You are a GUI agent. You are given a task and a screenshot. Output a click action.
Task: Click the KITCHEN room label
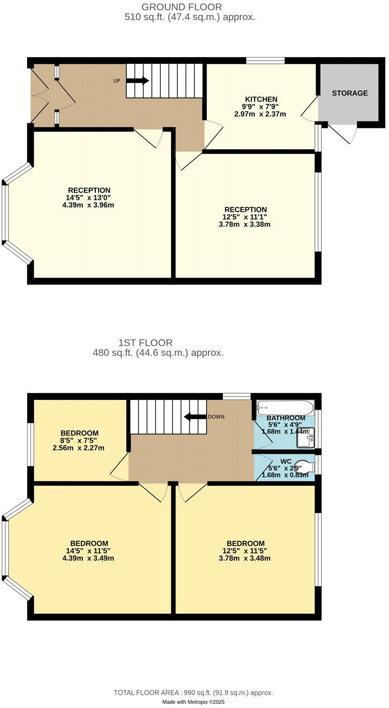(261, 99)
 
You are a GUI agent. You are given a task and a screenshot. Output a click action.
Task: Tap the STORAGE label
(350, 93)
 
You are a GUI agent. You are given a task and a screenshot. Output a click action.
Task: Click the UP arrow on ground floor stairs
(137, 81)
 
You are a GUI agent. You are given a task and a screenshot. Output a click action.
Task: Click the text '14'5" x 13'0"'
(89, 198)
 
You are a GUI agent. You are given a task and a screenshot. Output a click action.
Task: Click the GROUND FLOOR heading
(181, 7)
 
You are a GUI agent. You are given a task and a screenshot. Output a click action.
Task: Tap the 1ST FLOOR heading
(145, 343)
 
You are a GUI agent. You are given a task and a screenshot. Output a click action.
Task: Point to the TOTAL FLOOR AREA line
(194, 693)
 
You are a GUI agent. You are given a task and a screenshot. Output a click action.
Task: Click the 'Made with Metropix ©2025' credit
(194, 702)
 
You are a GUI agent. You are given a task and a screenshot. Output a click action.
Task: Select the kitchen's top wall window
(266, 60)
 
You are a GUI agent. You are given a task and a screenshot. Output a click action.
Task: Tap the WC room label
(286, 461)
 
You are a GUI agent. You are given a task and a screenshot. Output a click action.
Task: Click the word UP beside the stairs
(117, 81)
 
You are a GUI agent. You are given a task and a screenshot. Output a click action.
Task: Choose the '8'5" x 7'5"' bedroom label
(79, 441)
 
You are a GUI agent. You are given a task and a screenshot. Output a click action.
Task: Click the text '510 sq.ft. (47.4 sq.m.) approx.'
(190, 17)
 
